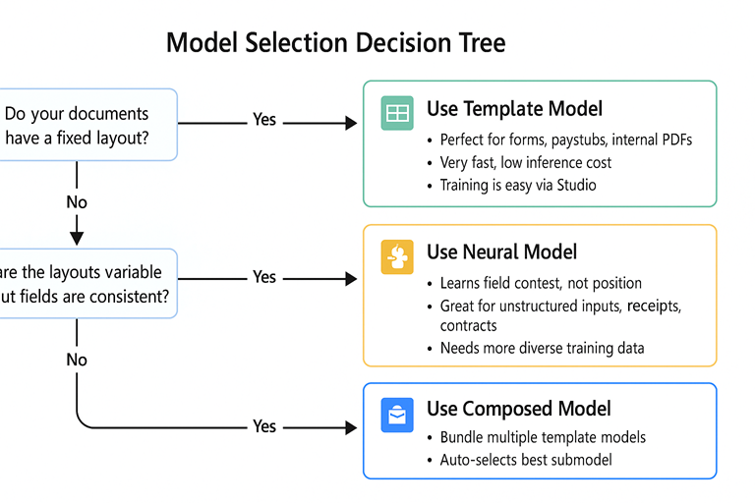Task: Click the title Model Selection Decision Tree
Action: pos(336,42)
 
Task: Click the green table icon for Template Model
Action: pos(397,113)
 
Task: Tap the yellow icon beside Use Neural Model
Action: pos(397,257)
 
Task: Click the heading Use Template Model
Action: pos(514,109)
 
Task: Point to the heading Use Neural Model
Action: pos(501,252)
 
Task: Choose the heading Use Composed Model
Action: pos(518,409)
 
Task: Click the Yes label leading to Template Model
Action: pos(264,120)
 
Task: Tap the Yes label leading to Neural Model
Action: pos(264,277)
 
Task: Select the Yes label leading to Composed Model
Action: pos(264,426)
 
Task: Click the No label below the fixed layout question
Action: pos(77,202)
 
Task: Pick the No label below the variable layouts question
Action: pos(77,360)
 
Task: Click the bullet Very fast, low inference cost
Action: pos(525,162)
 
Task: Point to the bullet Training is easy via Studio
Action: pos(517,185)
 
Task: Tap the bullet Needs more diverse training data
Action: pos(542,348)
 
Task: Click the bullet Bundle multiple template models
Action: pos(543,437)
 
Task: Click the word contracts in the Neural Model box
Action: pos(468,325)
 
